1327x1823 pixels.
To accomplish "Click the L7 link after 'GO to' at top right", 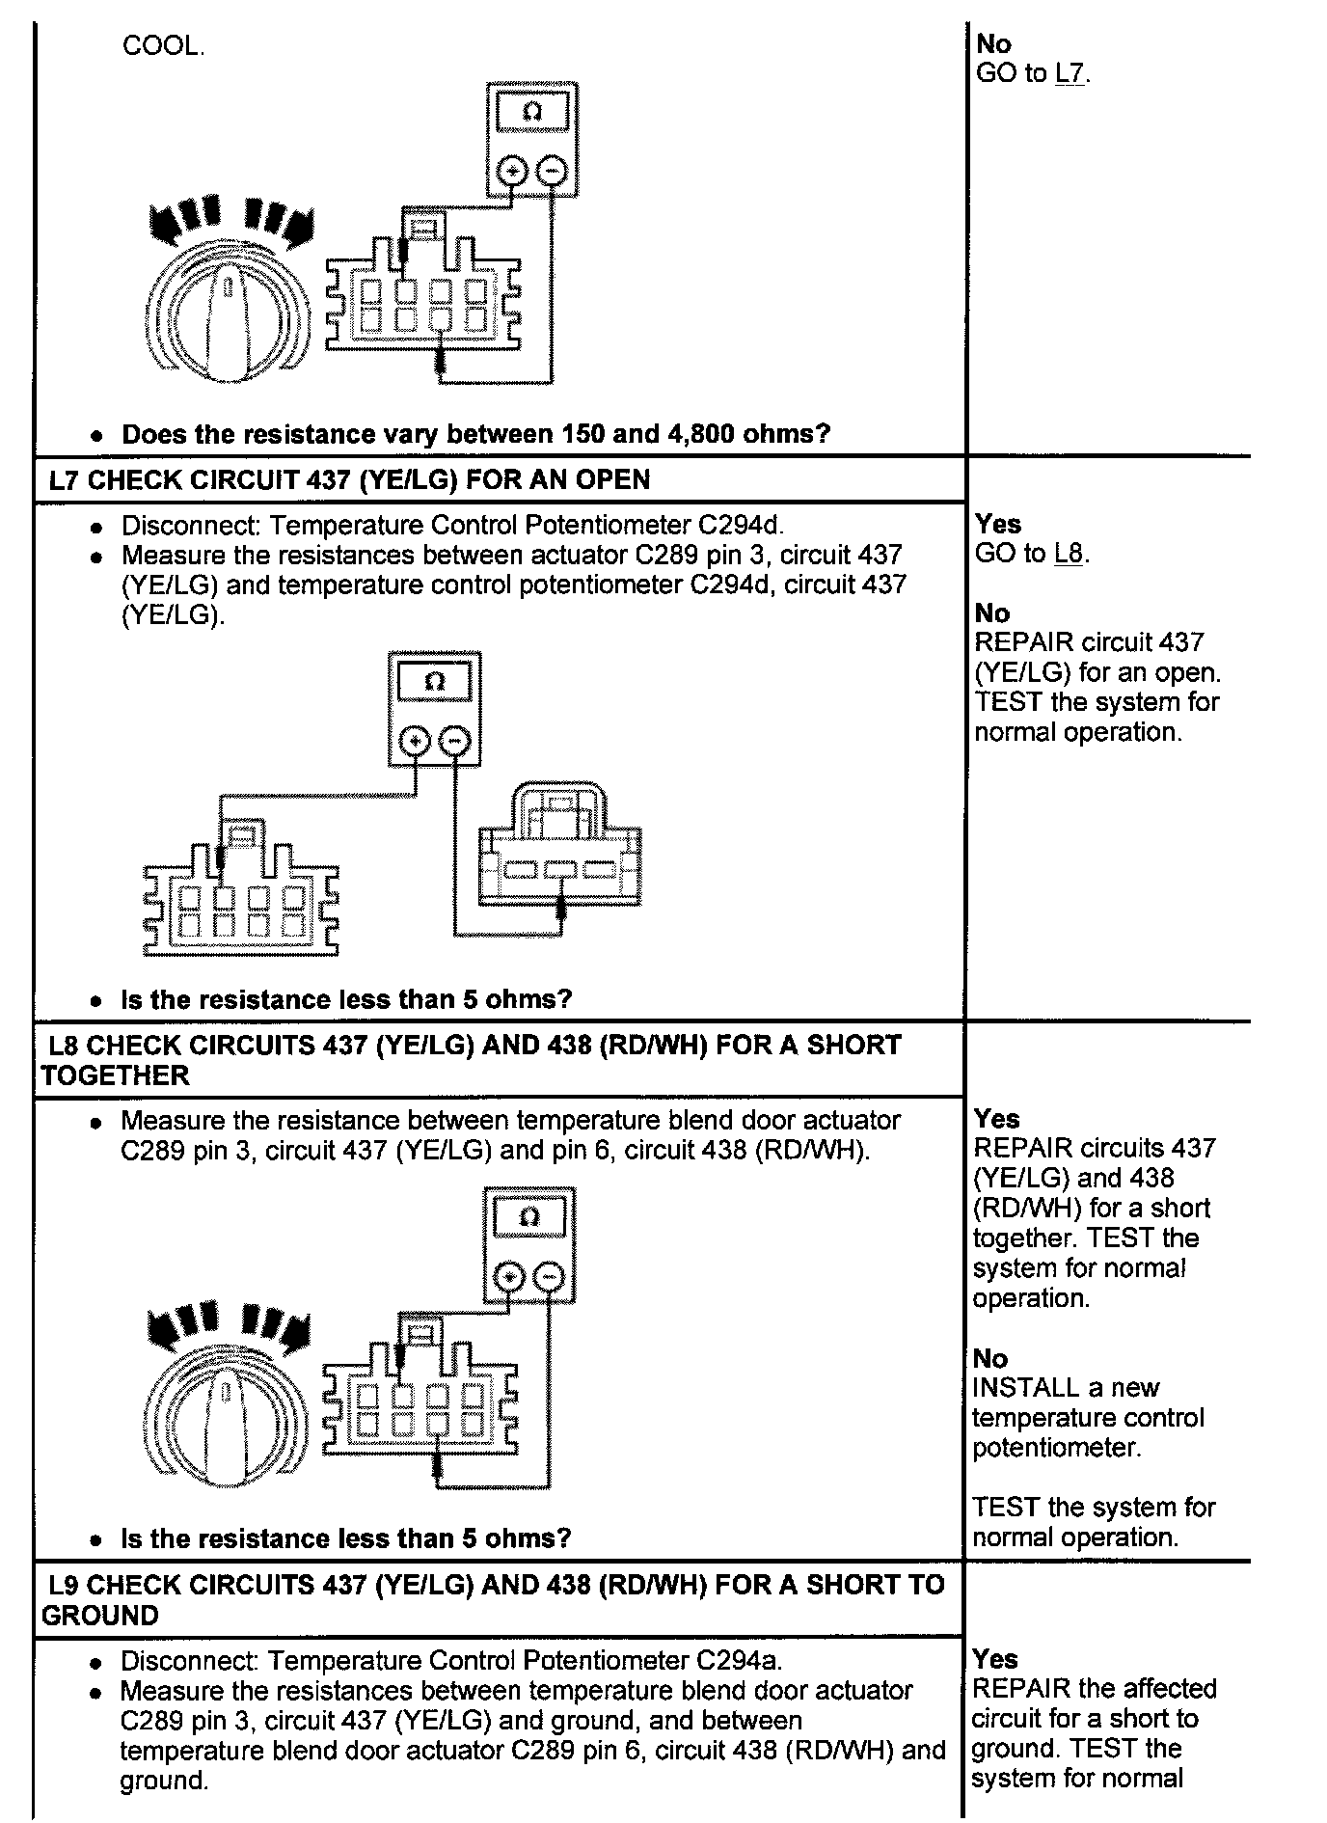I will point(1071,74).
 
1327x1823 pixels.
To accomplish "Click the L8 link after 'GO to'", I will point(1070,554).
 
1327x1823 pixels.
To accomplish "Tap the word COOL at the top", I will point(162,46).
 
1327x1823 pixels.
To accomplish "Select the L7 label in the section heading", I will point(63,480).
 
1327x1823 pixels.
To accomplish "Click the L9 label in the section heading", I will point(64,1585).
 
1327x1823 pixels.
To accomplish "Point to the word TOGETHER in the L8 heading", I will point(115,1076).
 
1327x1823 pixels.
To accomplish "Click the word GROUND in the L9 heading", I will point(99,1617).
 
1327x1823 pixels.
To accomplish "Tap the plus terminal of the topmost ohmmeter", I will point(511,172).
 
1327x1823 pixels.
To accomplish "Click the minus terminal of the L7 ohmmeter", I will point(454,742).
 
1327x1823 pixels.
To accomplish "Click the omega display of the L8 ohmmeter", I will point(528,1218).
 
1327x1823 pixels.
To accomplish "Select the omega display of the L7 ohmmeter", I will point(434,682).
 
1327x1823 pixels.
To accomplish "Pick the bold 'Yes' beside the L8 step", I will point(996,1119).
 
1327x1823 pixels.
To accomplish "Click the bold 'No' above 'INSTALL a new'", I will point(990,1358).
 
